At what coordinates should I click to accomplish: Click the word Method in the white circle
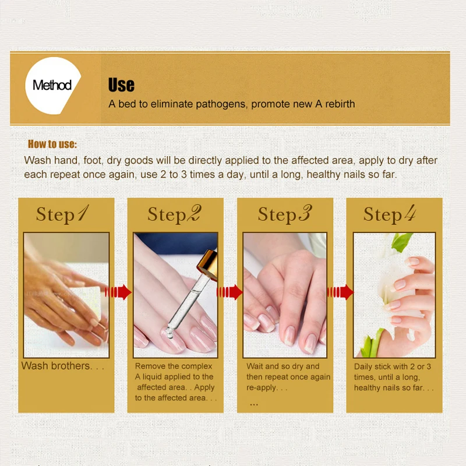(x=52, y=85)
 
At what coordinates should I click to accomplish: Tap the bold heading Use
(x=121, y=84)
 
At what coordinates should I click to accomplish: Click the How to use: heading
(x=52, y=144)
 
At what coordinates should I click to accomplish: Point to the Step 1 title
(x=62, y=214)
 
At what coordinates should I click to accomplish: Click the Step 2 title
(x=174, y=214)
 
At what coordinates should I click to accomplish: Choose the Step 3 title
(x=285, y=214)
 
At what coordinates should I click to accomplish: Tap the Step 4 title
(x=390, y=214)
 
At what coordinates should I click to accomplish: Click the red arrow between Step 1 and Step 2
(x=118, y=292)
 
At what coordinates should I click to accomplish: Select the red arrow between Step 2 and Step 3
(x=230, y=292)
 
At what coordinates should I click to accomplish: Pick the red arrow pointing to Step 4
(x=340, y=292)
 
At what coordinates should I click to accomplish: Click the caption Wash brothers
(x=63, y=366)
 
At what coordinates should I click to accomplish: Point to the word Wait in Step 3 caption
(x=255, y=366)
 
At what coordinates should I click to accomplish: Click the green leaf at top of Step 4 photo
(x=401, y=241)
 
